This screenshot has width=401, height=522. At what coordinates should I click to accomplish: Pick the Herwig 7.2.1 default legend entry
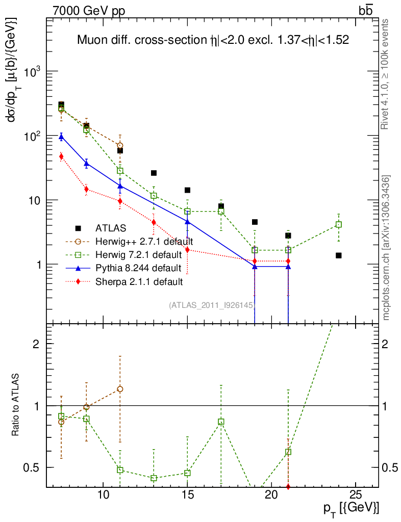138,254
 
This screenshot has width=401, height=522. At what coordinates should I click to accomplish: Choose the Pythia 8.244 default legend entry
138,268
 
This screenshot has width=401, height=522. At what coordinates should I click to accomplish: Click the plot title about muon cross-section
213,40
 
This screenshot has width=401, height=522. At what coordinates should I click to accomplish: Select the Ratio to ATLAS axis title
16,405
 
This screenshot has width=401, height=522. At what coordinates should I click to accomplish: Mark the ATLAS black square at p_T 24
339,255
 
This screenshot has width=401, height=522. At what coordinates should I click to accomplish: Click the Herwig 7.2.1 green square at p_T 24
339,224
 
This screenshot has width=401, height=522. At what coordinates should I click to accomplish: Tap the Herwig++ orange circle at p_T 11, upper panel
120,145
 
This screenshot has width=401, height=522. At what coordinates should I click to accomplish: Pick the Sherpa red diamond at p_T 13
154,222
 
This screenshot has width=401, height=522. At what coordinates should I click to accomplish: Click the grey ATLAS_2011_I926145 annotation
212,305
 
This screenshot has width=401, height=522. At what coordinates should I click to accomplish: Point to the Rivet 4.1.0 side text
386,74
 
